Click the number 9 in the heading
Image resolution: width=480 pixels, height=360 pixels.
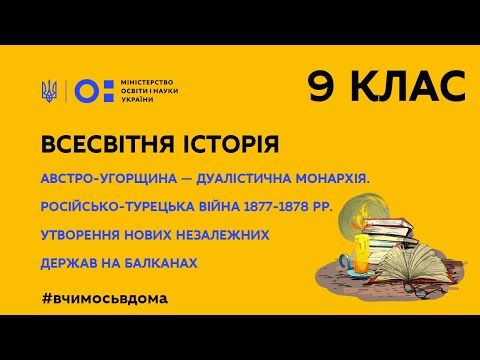[323, 87]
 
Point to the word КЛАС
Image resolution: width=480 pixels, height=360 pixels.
[407, 87]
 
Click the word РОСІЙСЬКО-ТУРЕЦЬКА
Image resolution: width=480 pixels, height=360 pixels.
[117, 208]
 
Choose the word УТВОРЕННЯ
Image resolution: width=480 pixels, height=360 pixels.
[83, 238]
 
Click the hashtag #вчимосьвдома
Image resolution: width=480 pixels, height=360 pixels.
[105, 299]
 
